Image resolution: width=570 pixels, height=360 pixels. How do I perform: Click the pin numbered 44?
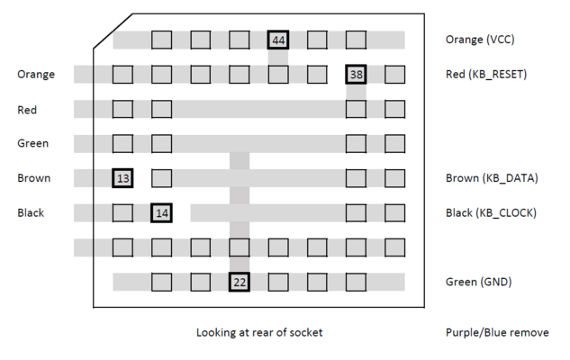coord(278,40)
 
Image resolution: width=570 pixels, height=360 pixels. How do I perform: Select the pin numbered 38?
coord(357,74)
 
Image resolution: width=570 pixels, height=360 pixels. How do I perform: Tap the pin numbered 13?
coord(122,178)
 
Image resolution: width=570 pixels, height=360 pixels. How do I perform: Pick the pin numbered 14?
coord(162,213)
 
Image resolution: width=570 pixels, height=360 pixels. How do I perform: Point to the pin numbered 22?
coord(240,282)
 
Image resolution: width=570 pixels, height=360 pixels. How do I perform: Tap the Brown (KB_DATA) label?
coord(491,178)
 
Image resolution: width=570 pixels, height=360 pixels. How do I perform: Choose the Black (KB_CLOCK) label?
coord(491,213)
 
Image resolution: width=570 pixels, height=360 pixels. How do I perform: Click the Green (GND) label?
coord(478,282)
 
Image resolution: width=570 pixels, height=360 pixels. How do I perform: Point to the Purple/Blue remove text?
coord(496,332)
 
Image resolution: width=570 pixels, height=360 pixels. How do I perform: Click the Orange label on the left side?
coord(36,74)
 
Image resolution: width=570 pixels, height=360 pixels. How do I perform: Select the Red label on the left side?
coord(27,110)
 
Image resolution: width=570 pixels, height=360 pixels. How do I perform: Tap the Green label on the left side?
coord(32,143)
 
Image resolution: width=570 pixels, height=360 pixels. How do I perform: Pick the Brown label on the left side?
coord(33,178)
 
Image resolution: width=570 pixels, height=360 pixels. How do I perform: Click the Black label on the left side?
coord(32,213)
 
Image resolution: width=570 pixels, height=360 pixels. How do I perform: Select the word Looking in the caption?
coord(218,333)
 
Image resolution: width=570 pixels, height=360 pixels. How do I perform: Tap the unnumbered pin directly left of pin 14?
coord(122,213)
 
